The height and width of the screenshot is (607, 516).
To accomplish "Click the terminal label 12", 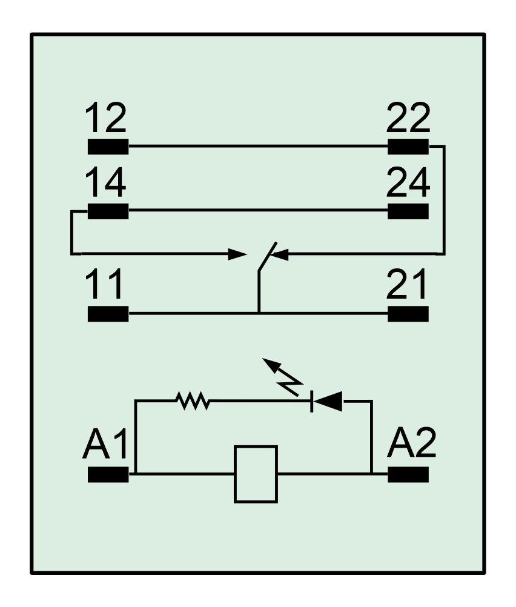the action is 105,118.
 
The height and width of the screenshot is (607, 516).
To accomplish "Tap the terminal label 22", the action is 408,118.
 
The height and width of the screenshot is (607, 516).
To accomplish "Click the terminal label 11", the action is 104,284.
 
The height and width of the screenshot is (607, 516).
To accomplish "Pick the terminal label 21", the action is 407,284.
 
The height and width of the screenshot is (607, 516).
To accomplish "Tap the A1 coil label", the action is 105,443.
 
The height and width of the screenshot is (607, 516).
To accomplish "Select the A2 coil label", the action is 411,443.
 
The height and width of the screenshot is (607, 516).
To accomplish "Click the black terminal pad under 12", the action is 108,147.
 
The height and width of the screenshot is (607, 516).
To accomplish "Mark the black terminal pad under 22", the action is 408,147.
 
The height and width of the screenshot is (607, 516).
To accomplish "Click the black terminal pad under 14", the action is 108,211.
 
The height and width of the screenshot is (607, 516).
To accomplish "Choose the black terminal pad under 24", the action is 408,211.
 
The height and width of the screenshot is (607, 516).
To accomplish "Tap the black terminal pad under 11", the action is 108,314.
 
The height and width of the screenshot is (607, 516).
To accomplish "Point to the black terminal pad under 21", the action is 408,314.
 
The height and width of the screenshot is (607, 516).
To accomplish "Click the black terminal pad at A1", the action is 108,474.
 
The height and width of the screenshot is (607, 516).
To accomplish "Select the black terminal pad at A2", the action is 408,474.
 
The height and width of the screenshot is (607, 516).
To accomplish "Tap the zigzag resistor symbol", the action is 193,401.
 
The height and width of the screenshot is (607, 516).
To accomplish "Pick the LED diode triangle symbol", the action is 327,402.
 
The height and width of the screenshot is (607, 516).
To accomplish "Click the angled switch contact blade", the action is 268,256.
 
